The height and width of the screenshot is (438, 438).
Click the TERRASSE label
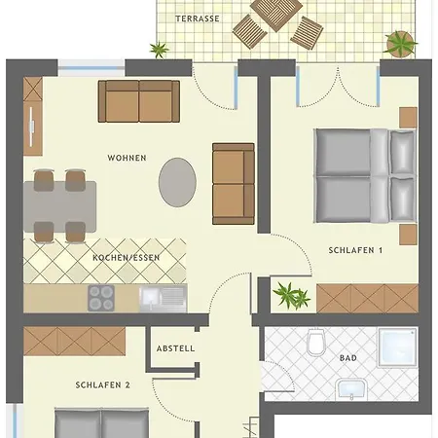(198, 18)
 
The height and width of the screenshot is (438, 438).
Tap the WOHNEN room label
(127, 158)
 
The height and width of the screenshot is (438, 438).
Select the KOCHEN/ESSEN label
(126, 258)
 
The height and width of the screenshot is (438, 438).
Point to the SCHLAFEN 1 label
(355, 250)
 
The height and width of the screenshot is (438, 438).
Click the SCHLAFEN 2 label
(102, 385)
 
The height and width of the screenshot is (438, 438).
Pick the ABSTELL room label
(175, 348)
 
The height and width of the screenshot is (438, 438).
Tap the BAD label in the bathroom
(348, 358)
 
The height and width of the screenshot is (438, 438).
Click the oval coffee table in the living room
(177, 182)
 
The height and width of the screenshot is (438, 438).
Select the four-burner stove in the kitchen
(101, 298)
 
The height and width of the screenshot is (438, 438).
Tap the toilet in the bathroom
(316, 342)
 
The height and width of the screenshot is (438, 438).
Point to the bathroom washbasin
(351, 389)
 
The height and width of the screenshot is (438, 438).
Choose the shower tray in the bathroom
(397, 347)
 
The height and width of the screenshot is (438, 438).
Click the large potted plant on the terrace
(401, 43)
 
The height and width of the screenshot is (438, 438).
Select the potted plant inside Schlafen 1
(291, 295)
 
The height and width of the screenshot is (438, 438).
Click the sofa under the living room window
(139, 101)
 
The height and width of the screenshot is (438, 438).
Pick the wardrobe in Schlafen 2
(74, 341)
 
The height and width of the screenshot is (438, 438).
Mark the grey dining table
(60, 206)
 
